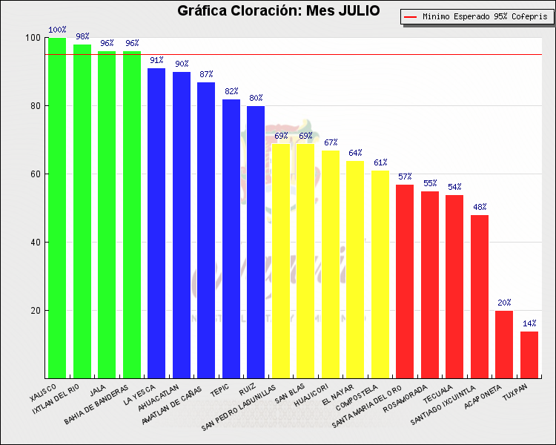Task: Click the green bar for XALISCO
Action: (x=57, y=208)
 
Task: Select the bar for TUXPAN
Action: (x=529, y=355)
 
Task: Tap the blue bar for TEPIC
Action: (x=231, y=238)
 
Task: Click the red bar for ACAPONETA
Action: (x=504, y=344)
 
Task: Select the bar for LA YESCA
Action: (x=156, y=222)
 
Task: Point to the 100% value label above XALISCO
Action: (x=57, y=30)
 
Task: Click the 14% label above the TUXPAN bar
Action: (x=529, y=323)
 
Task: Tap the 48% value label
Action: (x=480, y=207)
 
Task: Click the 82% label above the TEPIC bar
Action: (x=231, y=91)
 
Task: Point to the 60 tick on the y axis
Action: (x=34, y=174)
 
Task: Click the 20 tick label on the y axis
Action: (x=34, y=311)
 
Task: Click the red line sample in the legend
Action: (x=411, y=16)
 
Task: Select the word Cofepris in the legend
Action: (x=526, y=16)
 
